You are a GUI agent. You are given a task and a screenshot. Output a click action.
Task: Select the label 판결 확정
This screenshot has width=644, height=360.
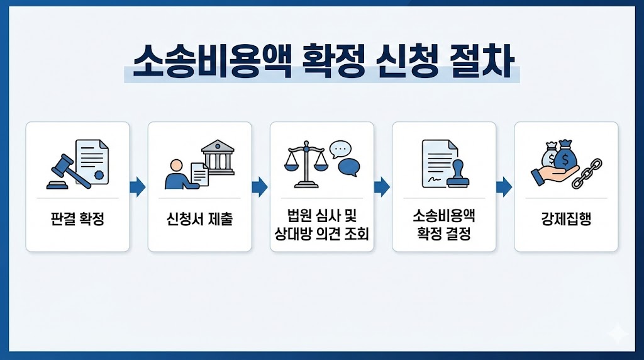[x=77, y=220]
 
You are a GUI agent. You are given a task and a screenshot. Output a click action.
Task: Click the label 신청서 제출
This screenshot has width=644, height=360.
[x=199, y=220]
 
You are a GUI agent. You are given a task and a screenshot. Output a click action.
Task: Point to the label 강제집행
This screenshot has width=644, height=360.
[x=566, y=220]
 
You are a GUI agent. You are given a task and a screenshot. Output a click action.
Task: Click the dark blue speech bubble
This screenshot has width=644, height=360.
[x=349, y=167]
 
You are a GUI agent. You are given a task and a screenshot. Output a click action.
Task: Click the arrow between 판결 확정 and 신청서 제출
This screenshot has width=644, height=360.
[x=138, y=186]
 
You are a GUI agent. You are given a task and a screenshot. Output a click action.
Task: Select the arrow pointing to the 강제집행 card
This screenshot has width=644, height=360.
[x=504, y=186]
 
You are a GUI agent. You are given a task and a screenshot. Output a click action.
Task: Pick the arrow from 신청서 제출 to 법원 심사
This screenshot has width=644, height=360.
[x=260, y=186]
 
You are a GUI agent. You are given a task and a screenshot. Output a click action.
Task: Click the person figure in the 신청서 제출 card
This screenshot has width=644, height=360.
[x=175, y=174]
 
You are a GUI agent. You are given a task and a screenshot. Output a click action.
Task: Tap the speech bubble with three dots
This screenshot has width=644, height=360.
[x=340, y=149]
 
